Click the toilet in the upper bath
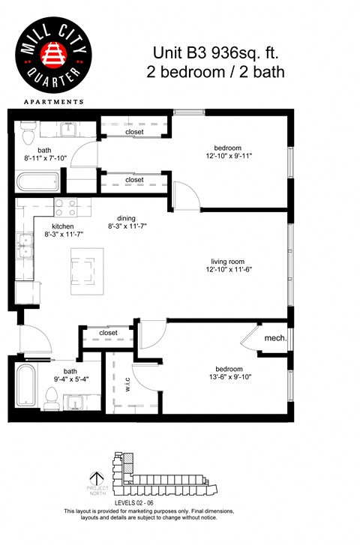[x=28, y=135]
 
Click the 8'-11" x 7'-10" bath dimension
[x=46, y=158]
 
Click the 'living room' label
[x=229, y=262]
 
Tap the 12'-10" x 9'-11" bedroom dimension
[x=229, y=157]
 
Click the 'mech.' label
[x=275, y=339]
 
